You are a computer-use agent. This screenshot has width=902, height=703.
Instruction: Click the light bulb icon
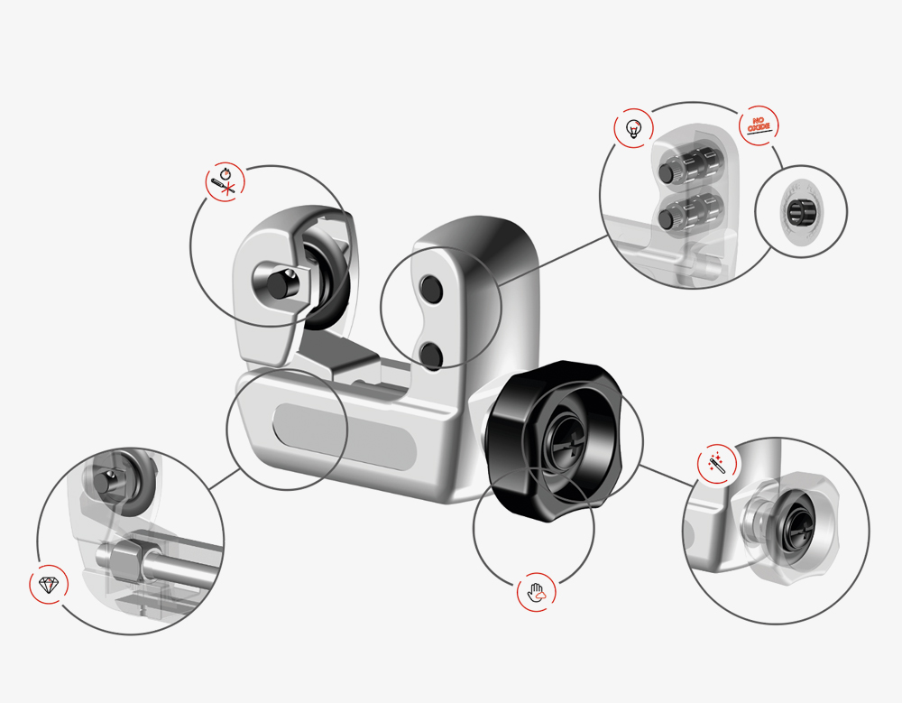pos(633,128)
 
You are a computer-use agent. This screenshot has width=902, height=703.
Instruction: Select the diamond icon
pos(49,585)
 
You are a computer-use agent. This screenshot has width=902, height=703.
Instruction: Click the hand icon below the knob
pos(536,591)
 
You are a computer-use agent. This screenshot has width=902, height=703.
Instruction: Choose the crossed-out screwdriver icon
pos(225,182)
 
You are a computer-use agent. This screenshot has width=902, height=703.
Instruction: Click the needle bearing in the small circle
pos(801,212)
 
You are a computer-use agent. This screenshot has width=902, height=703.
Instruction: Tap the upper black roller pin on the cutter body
pos(431,288)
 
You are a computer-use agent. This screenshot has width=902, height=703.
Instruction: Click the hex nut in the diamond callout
pos(126,560)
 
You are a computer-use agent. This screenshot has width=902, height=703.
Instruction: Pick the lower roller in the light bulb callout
pos(690,214)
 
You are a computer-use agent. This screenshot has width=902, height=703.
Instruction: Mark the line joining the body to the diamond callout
pos(225,479)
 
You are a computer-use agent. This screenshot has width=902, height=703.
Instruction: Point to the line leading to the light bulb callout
pos(553,260)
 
